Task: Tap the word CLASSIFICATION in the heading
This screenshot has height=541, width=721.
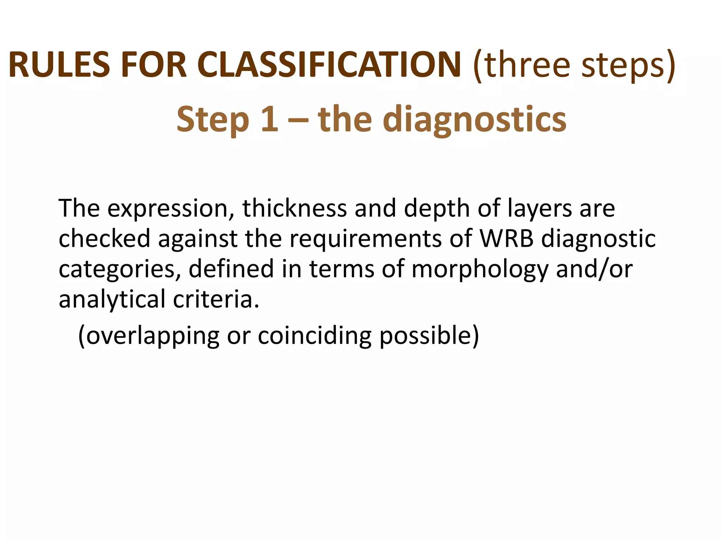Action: pos(329,65)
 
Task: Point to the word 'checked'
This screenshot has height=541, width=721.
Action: pos(104,238)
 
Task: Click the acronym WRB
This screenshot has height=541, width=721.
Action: pos(507,238)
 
